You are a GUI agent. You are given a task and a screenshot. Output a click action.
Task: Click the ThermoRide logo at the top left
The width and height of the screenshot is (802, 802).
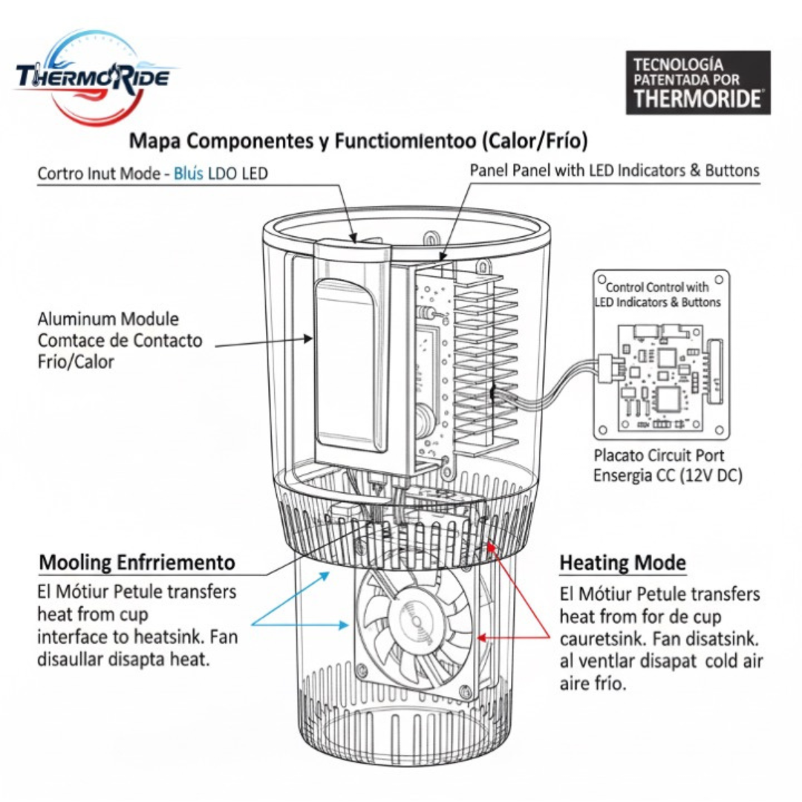93,76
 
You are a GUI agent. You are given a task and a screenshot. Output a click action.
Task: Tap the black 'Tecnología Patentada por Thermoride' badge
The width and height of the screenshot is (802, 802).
697,82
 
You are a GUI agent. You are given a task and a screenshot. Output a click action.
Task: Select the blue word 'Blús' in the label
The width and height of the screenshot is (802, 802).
188,174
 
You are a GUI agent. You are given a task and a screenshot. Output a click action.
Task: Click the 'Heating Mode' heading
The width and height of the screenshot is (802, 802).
622,564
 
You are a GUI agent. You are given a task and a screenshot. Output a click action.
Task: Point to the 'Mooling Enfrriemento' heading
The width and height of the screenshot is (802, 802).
137,562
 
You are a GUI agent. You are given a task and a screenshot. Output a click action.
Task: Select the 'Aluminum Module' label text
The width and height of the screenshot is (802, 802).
108,319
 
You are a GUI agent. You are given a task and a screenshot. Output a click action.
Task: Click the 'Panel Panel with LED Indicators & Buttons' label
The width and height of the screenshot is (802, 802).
614,170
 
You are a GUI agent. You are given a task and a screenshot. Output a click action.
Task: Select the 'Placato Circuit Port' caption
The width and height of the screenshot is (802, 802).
659,455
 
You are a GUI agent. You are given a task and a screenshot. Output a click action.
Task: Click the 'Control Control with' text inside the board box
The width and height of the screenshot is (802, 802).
657,287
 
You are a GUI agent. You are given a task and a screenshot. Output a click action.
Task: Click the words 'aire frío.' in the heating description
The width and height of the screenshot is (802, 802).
593,683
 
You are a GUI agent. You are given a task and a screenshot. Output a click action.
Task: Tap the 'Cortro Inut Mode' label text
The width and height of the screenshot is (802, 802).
100,174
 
